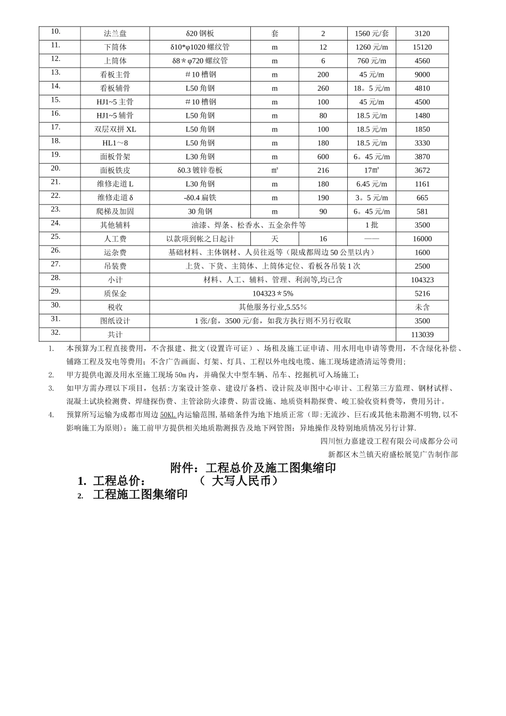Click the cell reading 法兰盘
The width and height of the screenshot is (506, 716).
point(115,34)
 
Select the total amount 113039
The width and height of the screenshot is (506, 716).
point(422,335)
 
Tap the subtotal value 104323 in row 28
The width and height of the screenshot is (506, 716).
point(422,280)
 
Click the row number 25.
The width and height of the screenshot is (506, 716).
point(55,237)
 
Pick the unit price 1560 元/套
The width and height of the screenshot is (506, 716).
point(371,34)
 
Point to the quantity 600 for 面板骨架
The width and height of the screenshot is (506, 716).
point(323,157)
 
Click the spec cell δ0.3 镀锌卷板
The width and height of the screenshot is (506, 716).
point(200,170)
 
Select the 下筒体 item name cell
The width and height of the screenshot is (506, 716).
point(115,47)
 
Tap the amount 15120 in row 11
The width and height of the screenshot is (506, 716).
point(422,47)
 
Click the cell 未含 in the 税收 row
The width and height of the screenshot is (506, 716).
point(422,307)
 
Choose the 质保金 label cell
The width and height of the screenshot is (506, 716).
point(115,294)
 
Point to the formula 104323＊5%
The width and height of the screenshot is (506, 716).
point(272,294)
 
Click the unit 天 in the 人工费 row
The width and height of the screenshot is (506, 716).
point(274,239)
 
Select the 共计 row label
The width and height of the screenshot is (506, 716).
point(115,335)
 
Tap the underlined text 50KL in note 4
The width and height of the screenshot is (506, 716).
point(168,414)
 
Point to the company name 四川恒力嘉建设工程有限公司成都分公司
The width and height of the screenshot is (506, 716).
point(389,441)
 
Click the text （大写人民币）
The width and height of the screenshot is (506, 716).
point(239,481)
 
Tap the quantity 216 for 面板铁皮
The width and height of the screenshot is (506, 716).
point(323,170)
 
